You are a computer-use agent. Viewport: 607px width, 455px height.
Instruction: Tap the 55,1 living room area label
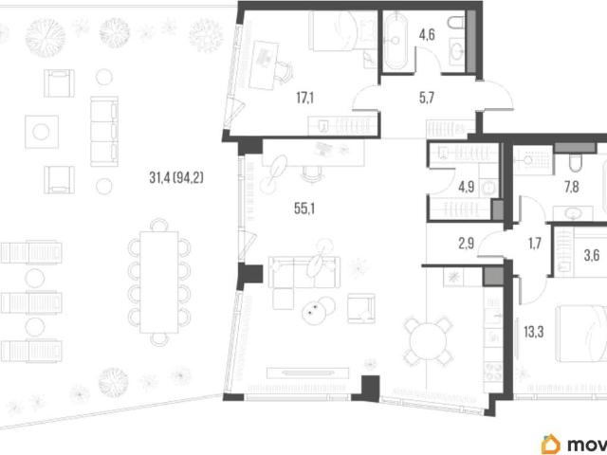[x=304, y=209]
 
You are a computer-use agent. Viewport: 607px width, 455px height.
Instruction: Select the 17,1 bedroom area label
[x=305, y=98]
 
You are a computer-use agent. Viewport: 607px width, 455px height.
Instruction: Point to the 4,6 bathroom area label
[x=427, y=35]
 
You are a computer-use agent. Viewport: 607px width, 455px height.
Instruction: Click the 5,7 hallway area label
[x=426, y=98]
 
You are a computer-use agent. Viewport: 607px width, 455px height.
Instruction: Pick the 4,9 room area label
[x=466, y=188]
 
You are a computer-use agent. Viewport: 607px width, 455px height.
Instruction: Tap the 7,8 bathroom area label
[x=571, y=188]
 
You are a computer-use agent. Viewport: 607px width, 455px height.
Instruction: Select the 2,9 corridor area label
[x=466, y=244]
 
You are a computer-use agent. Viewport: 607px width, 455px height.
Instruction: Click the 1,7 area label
[x=534, y=244]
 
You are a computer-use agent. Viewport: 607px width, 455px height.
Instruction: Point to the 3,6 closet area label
[x=592, y=255]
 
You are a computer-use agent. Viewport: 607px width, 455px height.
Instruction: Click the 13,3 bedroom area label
[x=534, y=332]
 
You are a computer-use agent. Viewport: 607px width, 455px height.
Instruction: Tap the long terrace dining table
[x=159, y=282]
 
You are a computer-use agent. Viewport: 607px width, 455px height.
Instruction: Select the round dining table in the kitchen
[x=428, y=341]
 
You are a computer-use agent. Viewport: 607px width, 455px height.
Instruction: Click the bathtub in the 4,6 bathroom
[x=395, y=41]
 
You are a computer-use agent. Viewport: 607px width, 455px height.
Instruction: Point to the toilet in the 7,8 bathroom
[x=576, y=163]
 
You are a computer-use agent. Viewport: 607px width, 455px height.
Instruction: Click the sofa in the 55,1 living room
[x=303, y=272]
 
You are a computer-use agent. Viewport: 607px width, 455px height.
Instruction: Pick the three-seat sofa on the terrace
[x=104, y=132]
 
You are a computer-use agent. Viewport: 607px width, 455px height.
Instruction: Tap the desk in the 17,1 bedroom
[x=264, y=65]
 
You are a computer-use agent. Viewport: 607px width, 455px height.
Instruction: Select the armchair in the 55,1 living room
[x=360, y=308]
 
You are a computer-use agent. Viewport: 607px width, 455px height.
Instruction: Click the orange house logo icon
[x=550, y=444]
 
